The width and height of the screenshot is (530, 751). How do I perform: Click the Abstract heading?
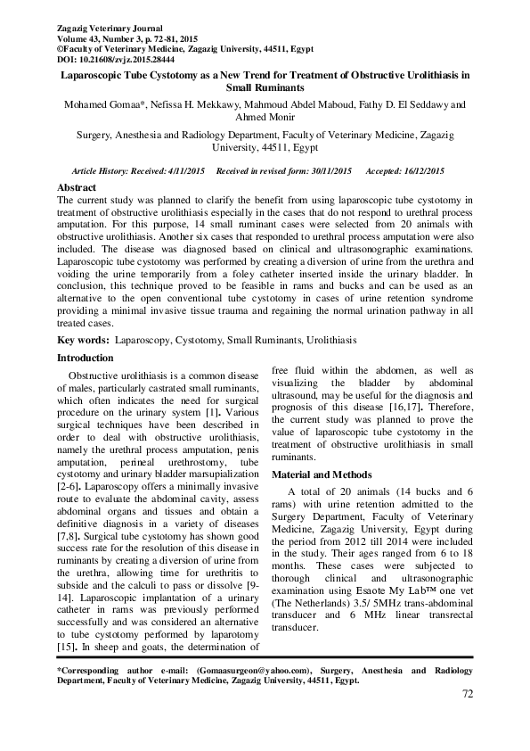point(77,189)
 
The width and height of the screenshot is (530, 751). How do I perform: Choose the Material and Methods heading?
point(322,474)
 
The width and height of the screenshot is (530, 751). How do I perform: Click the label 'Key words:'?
point(85,341)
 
